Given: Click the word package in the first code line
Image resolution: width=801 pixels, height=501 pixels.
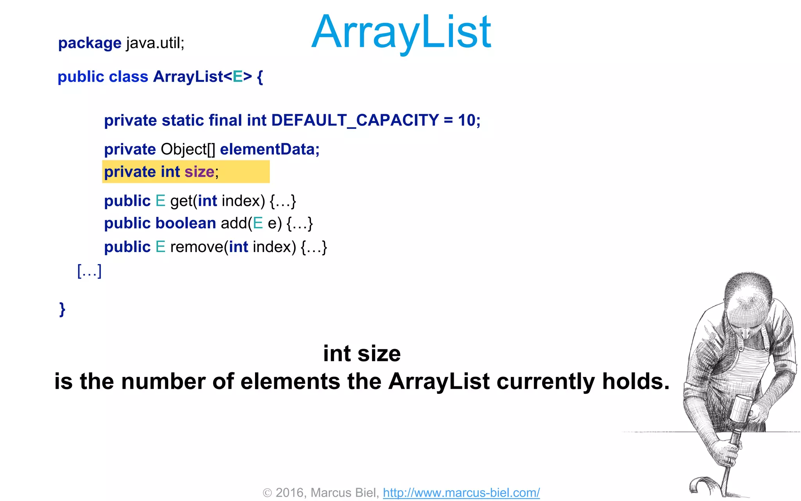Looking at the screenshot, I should (90, 43).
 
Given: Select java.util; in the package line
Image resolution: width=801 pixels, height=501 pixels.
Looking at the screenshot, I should (155, 43).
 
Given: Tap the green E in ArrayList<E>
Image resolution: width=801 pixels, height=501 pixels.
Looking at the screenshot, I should (237, 77).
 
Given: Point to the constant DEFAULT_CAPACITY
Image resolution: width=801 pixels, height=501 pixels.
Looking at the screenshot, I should (355, 121).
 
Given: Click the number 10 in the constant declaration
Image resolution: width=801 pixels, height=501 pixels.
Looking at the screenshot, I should (467, 121).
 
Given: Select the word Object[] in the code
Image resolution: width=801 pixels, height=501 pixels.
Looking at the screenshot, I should (188, 150).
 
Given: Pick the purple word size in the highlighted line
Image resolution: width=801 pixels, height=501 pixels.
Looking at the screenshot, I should (199, 172).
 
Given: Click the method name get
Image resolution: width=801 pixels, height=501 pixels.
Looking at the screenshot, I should (181, 201).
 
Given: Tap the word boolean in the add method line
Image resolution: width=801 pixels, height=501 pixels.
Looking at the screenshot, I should (185, 223).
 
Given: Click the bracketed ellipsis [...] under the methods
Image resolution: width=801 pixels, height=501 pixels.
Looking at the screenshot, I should (90, 270).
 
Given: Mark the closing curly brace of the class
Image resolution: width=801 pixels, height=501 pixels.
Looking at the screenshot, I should (62, 309).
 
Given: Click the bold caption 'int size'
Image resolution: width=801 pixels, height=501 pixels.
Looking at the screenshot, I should (362, 354).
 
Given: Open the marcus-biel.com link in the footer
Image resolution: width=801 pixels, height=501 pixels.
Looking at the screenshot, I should (461, 492).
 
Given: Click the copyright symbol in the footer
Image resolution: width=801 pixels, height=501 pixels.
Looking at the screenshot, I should (267, 493).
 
